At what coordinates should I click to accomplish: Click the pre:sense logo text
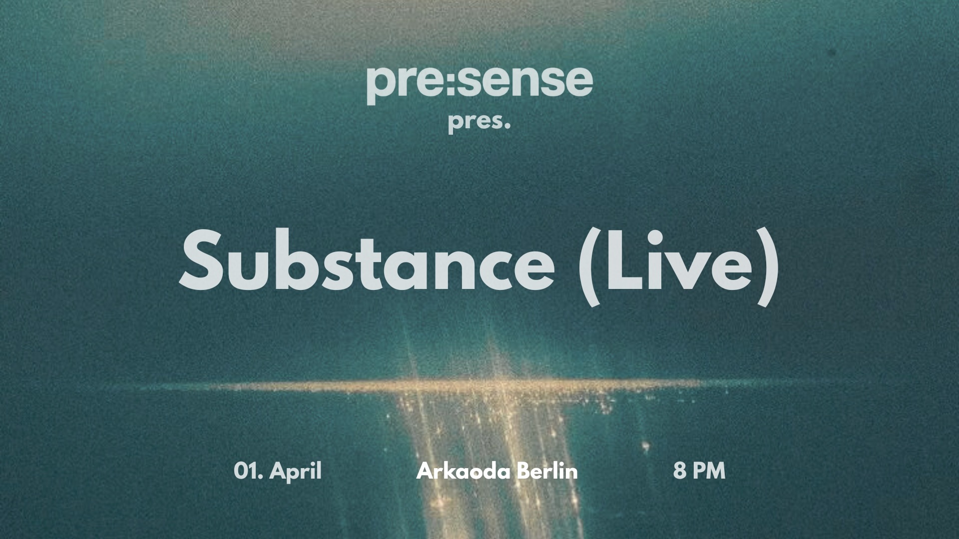click(479, 82)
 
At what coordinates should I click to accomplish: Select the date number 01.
click(248, 471)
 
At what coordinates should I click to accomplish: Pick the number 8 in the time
click(679, 471)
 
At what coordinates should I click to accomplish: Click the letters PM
click(708, 471)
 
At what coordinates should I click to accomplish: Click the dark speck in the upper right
click(832, 51)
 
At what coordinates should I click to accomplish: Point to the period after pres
click(507, 129)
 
